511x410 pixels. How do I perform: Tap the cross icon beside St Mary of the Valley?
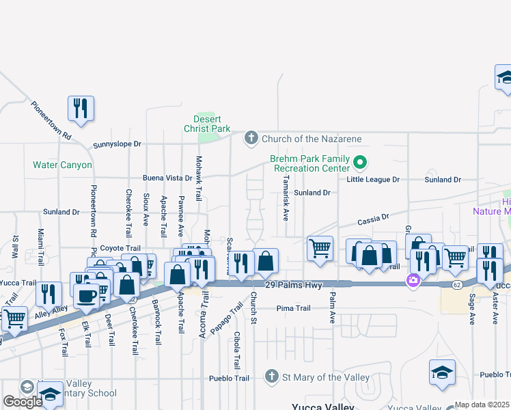point(271,377)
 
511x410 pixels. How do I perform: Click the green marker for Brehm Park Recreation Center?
point(362,163)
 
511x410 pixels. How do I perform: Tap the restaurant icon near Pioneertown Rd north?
point(81,108)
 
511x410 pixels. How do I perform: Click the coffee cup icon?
point(87,295)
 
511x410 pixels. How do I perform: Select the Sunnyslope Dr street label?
point(117,144)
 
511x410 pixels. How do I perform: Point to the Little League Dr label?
point(373,179)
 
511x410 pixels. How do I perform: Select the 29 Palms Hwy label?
point(288,284)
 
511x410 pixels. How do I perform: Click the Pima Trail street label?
point(294,308)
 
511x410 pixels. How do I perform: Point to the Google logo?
point(23,402)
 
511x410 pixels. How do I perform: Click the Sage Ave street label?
point(471,310)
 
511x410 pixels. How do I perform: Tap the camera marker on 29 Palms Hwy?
point(413,280)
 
